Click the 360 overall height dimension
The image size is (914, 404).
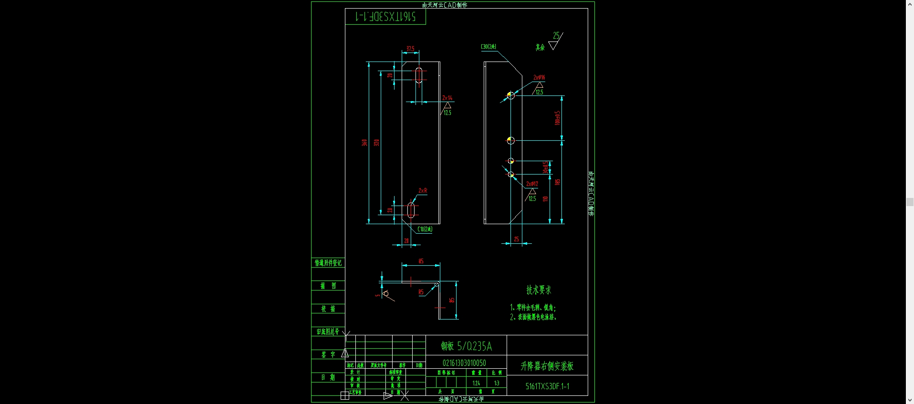pyautogui.click(x=364, y=143)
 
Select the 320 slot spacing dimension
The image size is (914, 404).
pyautogui.click(x=376, y=143)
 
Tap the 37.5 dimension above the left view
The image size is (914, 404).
pyautogui.click(x=410, y=49)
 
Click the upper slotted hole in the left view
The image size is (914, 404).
pyautogui.click(x=419, y=75)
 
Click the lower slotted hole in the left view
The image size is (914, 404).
pyautogui.click(x=411, y=210)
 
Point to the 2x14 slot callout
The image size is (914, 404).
pyautogui.click(x=447, y=98)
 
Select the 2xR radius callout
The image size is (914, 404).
pyautogui.click(x=423, y=190)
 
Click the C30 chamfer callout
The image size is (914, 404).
pyautogui.click(x=488, y=47)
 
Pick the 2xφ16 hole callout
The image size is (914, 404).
pyautogui.click(x=539, y=77)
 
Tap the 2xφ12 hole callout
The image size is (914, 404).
pyautogui.click(x=532, y=184)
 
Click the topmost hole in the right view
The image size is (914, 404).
pyautogui.click(x=511, y=95)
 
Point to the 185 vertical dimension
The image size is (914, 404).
pyautogui.click(x=557, y=182)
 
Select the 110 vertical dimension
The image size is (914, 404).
pyautogui.click(x=545, y=198)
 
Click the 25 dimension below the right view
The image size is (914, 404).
pyautogui.click(x=516, y=239)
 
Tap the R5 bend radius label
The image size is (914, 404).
pyautogui.click(x=421, y=292)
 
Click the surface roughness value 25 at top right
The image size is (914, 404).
pyautogui.click(x=556, y=35)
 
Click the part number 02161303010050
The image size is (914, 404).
pyautogui.click(x=464, y=363)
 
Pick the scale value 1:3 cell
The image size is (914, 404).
pyautogui.click(x=497, y=383)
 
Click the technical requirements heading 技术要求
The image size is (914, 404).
pyautogui.click(x=539, y=290)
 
